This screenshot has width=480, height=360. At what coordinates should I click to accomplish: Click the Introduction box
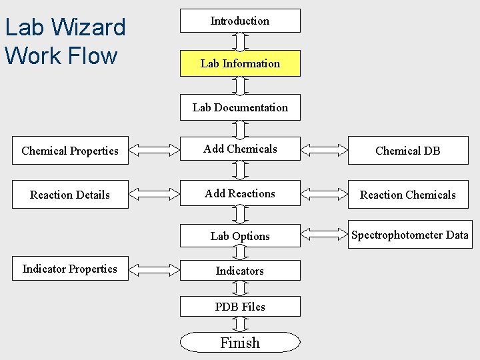pyautogui.click(x=240, y=21)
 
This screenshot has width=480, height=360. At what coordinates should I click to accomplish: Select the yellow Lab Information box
pyautogui.click(x=240, y=63)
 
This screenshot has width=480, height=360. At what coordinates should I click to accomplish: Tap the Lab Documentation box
pyautogui.click(x=240, y=107)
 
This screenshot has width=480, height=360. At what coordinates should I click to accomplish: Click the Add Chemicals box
pyautogui.click(x=240, y=149)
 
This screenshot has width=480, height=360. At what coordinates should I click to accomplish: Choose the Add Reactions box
pyautogui.click(x=240, y=194)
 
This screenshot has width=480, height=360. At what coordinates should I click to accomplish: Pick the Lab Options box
pyautogui.click(x=240, y=236)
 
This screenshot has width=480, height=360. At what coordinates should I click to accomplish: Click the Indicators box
pyautogui.click(x=240, y=271)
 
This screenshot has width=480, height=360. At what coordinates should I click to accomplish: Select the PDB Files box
pyautogui.click(x=240, y=307)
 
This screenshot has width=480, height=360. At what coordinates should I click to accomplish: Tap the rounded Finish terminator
pyautogui.click(x=240, y=343)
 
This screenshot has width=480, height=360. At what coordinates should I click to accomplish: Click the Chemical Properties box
pyautogui.click(x=70, y=151)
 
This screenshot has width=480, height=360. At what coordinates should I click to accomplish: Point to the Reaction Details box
pyautogui.click(x=70, y=195)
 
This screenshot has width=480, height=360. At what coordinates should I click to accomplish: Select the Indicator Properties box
pyautogui.click(x=70, y=269)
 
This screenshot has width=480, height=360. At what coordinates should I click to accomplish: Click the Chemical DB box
pyautogui.click(x=407, y=151)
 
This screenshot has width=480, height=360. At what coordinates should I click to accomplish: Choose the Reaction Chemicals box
pyautogui.click(x=407, y=195)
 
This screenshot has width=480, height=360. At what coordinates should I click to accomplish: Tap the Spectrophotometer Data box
pyautogui.click(x=409, y=235)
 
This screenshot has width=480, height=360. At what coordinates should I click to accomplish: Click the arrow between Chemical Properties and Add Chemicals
pyautogui.click(x=154, y=151)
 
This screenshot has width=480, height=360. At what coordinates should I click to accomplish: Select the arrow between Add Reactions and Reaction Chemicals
pyautogui.click(x=325, y=195)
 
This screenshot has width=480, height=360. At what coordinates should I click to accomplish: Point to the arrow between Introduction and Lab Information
pyautogui.click(x=240, y=41)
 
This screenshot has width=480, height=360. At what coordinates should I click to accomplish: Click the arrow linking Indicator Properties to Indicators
pyautogui.click(x=154, y=269)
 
